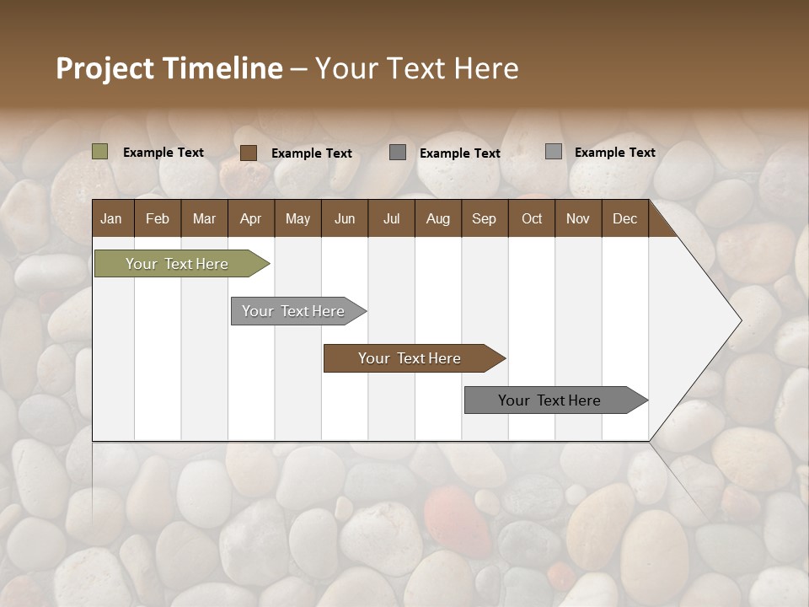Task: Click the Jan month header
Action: [111, 218]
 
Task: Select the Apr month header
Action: [250, 218]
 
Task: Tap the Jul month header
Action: [391, 218]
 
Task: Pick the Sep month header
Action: [484, 218]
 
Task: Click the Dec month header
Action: [624, 218]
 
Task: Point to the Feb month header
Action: [158, 218]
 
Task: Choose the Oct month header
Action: [532, 218]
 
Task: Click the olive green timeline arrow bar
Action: [177, 264]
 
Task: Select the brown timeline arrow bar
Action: [410, 358]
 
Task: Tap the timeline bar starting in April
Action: [293, 311]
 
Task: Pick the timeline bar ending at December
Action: [549, 400]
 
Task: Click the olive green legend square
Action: [99, 152]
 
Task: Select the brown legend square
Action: [248, 153]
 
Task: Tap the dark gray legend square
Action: [398, 153]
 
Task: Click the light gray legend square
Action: [553, 152]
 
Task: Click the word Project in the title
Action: [105, 68]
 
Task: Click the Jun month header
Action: [345, 218]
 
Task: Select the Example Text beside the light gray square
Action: [614, 152]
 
